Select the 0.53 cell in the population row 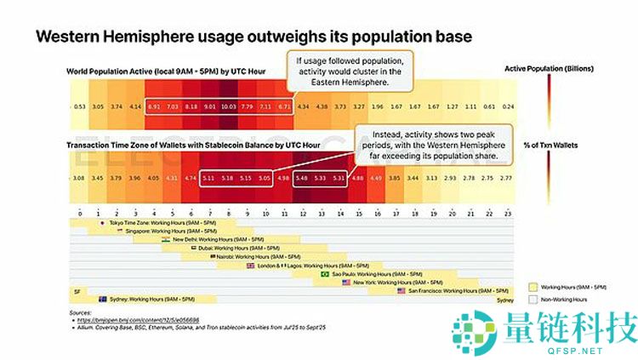point(79,106)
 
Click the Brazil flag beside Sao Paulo point(325,274)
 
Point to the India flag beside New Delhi point(167,240)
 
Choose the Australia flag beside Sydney point(102,300)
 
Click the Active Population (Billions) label point(549,68)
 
